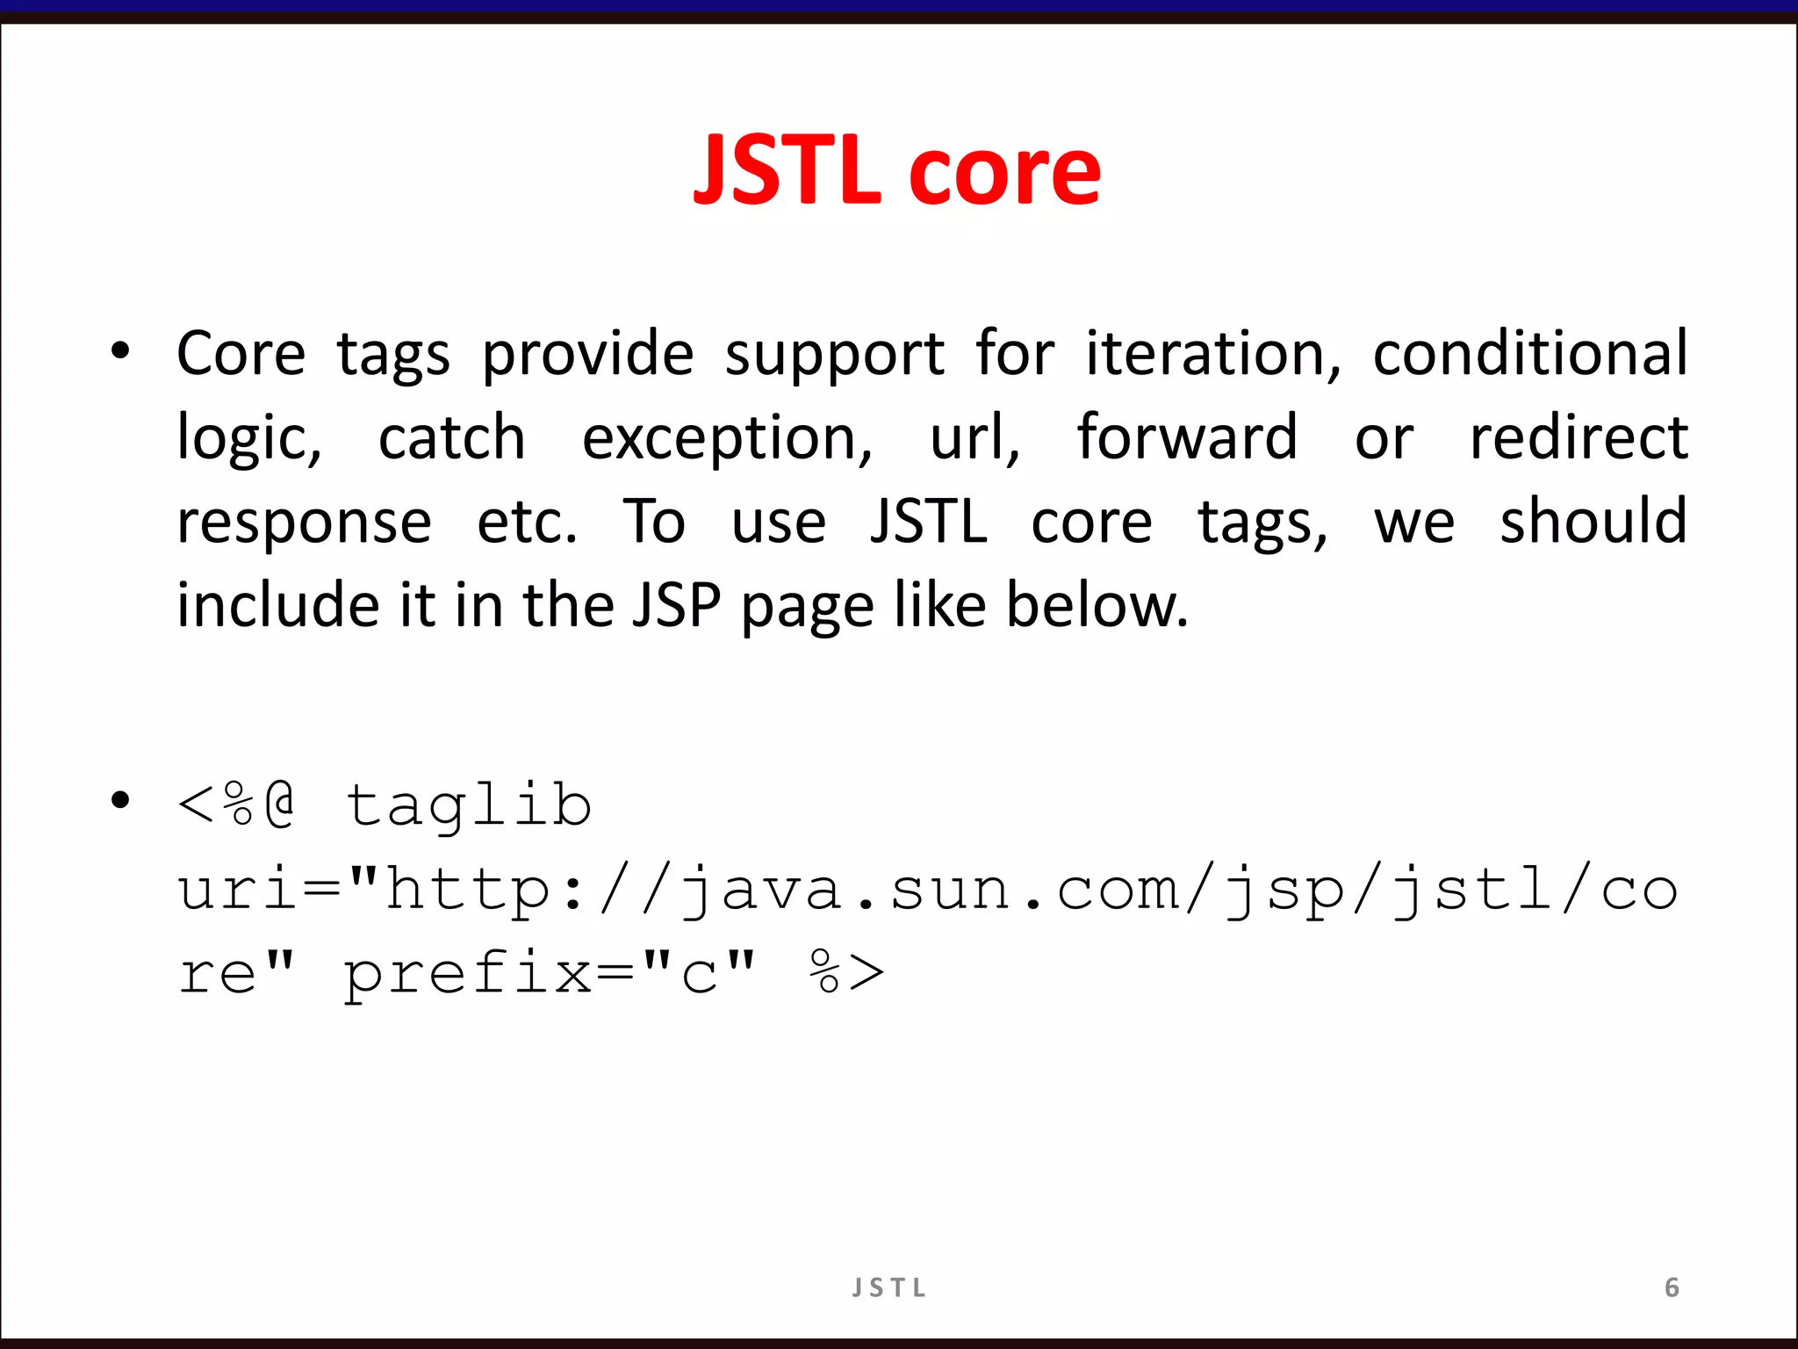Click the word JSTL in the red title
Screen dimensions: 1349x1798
(786, 171)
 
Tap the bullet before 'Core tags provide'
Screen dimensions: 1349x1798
(120, 351)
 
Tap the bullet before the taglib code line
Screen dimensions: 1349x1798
(120, 800)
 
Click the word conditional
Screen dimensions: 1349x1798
(1529, 354)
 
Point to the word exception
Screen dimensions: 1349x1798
(727, 438)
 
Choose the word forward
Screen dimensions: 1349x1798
(1186, 436)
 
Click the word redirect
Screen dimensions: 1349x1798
(1578, 436)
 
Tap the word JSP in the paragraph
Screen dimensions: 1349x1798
(676, 605)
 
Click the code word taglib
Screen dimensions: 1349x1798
(468, 805)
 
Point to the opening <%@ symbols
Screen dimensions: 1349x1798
(235, 804)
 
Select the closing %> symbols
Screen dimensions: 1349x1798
(846, 971)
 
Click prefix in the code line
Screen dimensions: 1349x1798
(467, 975)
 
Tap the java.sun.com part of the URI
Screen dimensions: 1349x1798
(931, 889)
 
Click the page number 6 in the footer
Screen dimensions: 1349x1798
(1672, 1288)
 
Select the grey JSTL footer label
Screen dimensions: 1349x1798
(888, 1288)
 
